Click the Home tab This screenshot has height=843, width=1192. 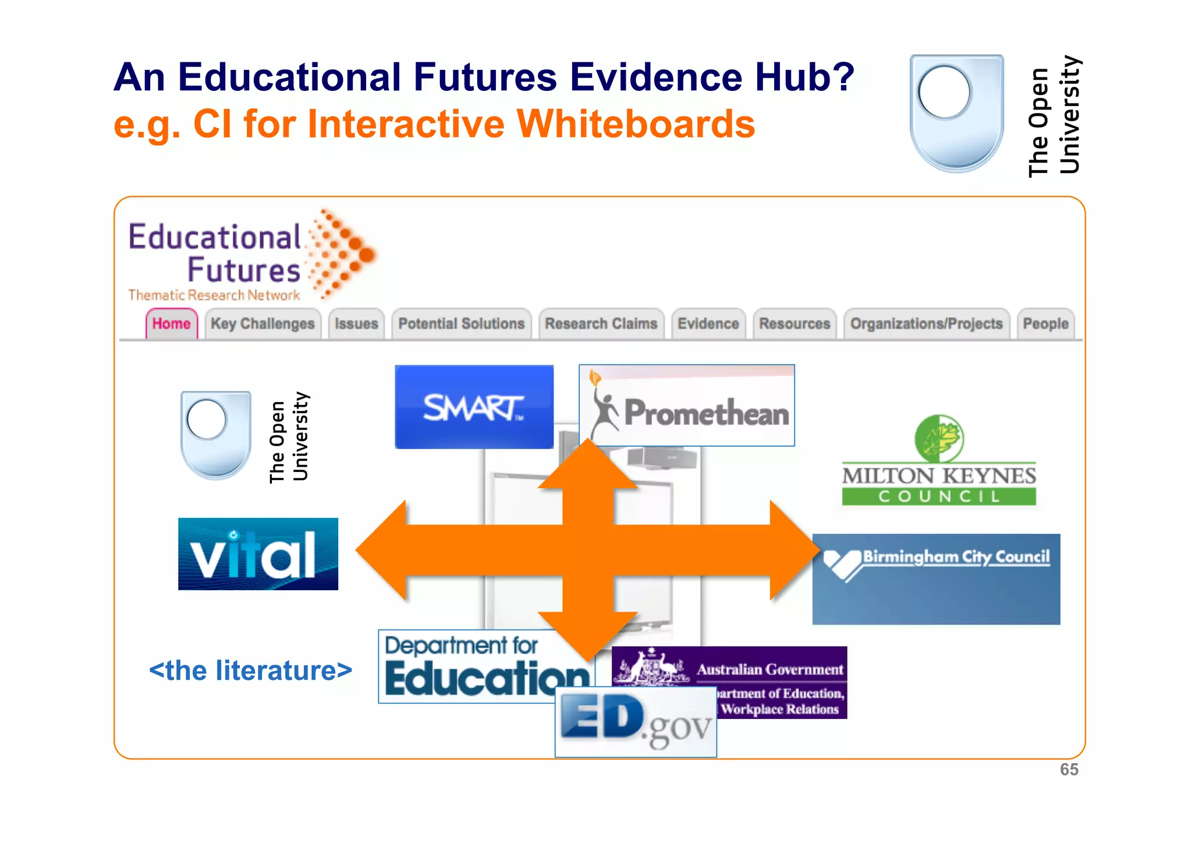[x=172, y=323]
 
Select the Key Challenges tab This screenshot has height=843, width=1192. [x=262, y=323]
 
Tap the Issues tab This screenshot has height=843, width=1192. [x=356, y=323]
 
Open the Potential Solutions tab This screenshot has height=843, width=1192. [x=461, y=323]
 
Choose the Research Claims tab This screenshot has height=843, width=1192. [x=601, y=323]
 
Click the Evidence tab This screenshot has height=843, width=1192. [x=708, y=323]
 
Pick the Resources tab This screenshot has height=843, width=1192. [x=794, y=323]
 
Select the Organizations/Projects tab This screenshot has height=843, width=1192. [x=926, y=323]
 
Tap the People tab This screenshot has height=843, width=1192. [x=1045, y=323]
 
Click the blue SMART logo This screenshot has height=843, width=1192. [x=474, y=407]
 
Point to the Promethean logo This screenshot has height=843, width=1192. [x=687, y=406]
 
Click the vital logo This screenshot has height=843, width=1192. [x=258, y=554]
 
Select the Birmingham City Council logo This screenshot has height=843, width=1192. [x=936, y=579]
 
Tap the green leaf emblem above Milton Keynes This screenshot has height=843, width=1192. [x=939, y=438]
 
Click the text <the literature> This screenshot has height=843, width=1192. [x=250, y=671]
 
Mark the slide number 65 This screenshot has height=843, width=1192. [x=1069, y=770]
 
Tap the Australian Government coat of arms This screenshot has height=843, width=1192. [x=652, y=667]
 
